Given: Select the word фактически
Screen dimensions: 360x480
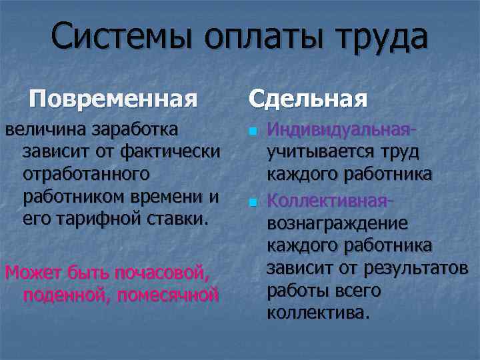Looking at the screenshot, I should click(168, 151).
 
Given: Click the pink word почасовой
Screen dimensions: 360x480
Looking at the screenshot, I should click(163, 272).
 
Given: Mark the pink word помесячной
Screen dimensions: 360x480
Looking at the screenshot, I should click(167, 295).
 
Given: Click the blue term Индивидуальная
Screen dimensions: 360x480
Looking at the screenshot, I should click(340, 128).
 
